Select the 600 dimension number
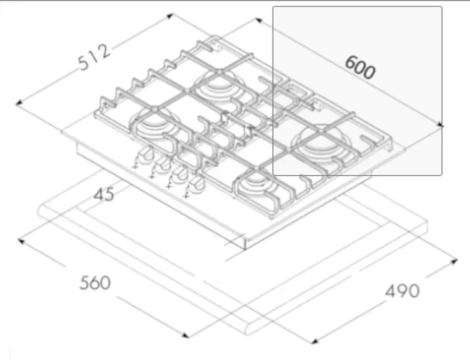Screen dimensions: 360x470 [x=360, y=68]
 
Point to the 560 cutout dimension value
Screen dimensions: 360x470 [x=94, y=283]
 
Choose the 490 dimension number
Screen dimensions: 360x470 [x=402, y=291]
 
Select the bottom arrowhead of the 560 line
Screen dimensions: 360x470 [x=186, y=335]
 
